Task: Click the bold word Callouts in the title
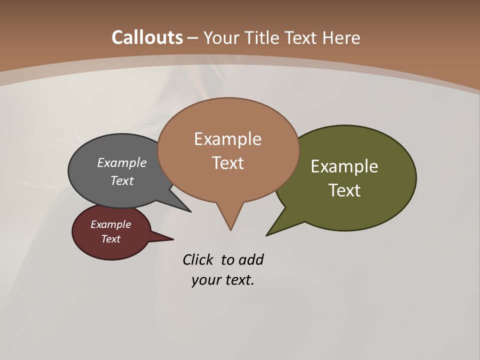tap(147, 37)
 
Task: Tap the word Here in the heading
tap(341, 37)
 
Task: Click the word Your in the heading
tap(221, 37)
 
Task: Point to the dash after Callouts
tap(193, 38)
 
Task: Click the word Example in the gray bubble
tap(122, 163)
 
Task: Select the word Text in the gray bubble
tap(122, 180)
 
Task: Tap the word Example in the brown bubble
tap(227, 139)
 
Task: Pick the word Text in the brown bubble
tap(227, 163)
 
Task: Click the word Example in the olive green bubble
tap(344, 166)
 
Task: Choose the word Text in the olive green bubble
tap(344, 190)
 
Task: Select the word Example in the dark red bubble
tap(111, 224)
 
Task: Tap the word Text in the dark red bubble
tap(111, 239)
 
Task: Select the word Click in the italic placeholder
tap(198, 260)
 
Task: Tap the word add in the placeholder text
tap(250, 260)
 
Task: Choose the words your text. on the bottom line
tap(222, 280)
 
